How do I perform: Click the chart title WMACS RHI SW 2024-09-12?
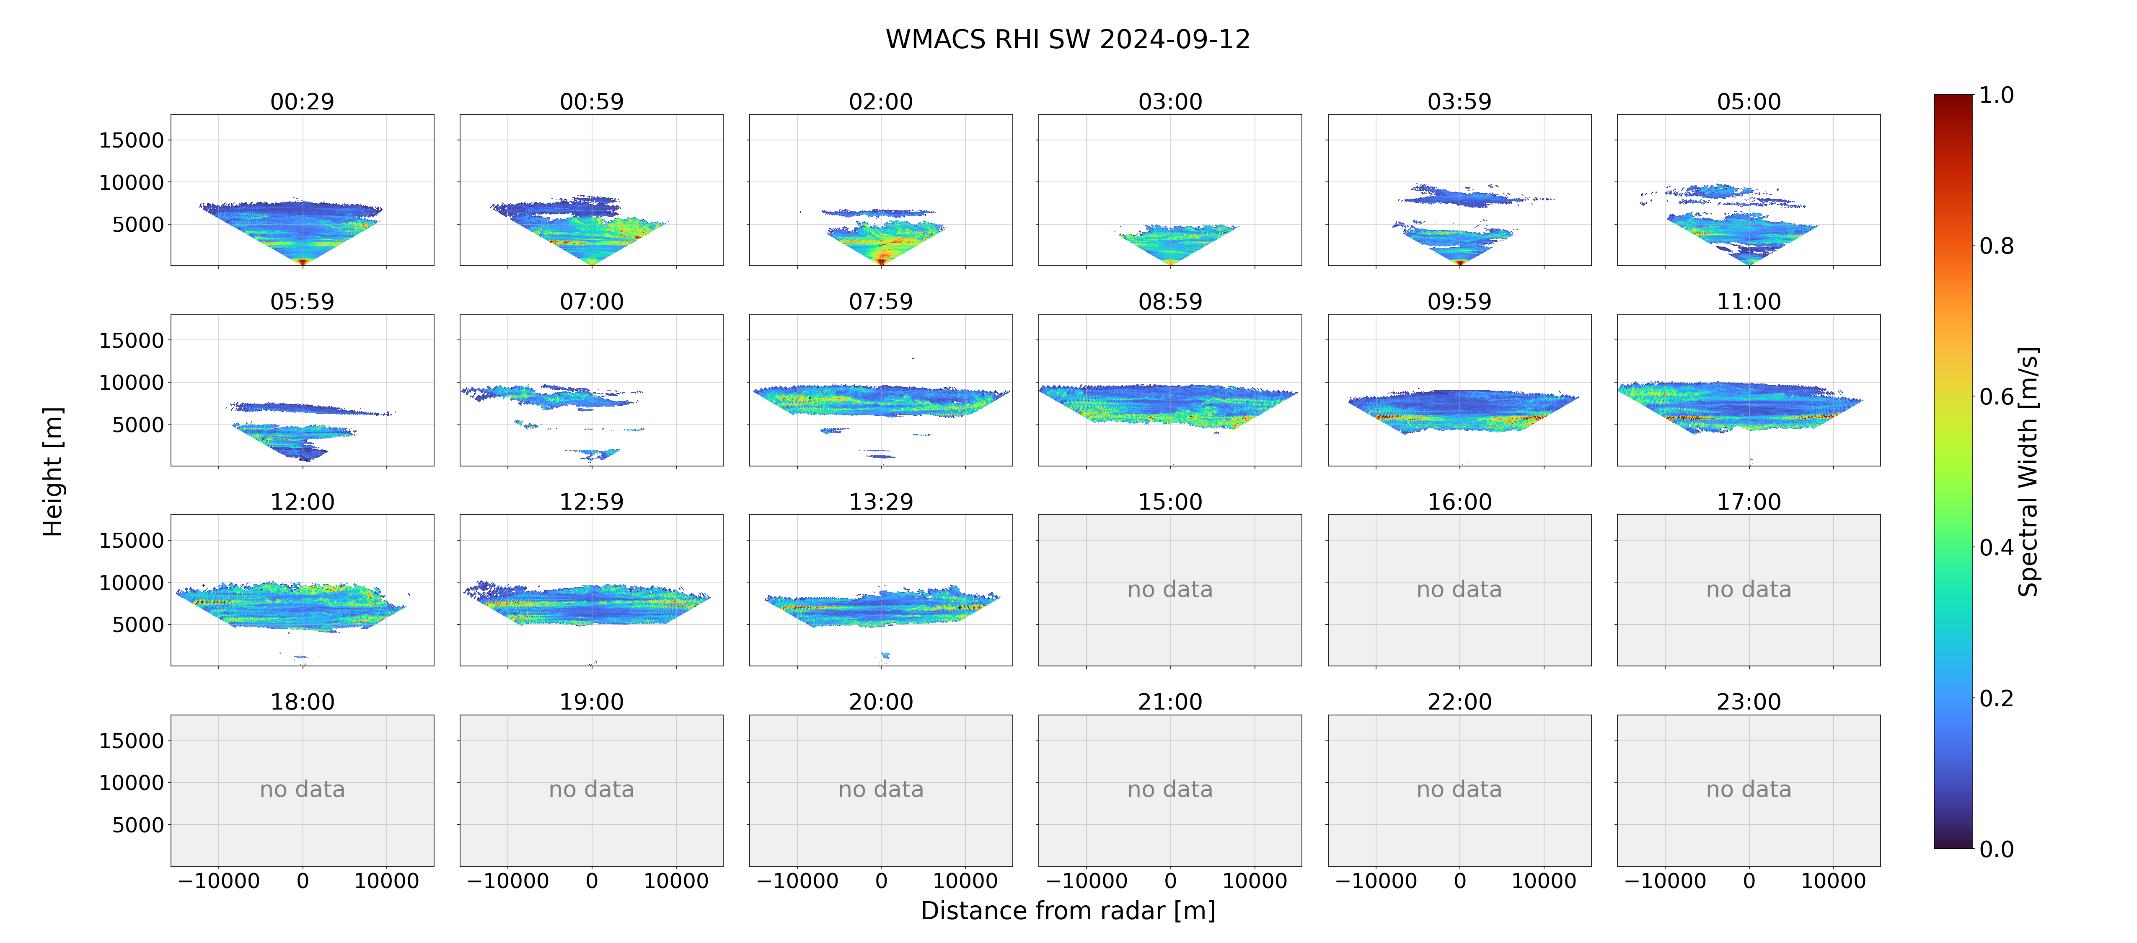[x=1068, y=39]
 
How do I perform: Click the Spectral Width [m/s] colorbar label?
[x=2028, y=471]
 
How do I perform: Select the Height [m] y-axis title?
[x=52, y=471]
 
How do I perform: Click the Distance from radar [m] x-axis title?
[x=1068, y=911]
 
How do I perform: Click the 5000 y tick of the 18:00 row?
[x=138, y=825]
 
